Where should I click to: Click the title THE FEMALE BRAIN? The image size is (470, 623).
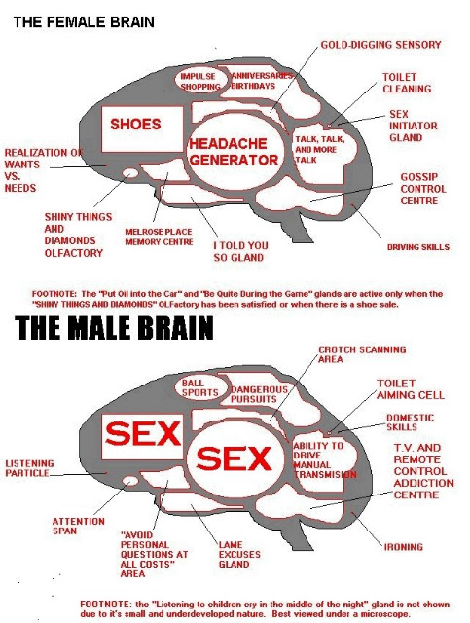click(x=84, y=22)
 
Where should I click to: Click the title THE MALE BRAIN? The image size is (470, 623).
click(x=114, y=328)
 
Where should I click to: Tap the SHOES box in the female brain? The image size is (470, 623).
click(x=143, y=129)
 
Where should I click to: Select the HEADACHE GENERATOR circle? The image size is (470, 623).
click(x=235, y=152)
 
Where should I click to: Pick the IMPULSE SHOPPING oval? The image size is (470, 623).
click(x=200, y=81)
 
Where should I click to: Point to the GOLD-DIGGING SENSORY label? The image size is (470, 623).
click(x=380, y=45)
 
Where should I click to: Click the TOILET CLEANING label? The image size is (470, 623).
click(x=407, y=83)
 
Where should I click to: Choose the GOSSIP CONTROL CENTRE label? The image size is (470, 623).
click(x=422, y=189)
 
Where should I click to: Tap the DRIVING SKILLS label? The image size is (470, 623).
click(x=418, y=247)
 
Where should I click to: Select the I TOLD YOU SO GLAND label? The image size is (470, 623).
click(x=240, y=251)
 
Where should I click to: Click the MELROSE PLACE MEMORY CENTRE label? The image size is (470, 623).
click(x=159, y=237)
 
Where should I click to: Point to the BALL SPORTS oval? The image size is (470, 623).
click(x=201, y=387)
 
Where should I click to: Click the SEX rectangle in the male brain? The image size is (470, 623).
click(x=143, y=436)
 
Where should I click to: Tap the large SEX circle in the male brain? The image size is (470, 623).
click(x=235, y=459)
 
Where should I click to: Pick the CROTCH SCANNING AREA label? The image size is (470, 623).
click(x=362, y=354)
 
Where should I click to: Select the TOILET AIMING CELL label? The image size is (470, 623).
click(x=410, y=389)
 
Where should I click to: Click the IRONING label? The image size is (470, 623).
click(x=403, y=547)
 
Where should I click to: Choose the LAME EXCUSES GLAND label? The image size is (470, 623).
click(x=239, y=554)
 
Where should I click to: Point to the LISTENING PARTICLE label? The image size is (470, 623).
click(x=29, y=468)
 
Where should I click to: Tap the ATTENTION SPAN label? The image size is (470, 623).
click(x=78, y=526)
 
